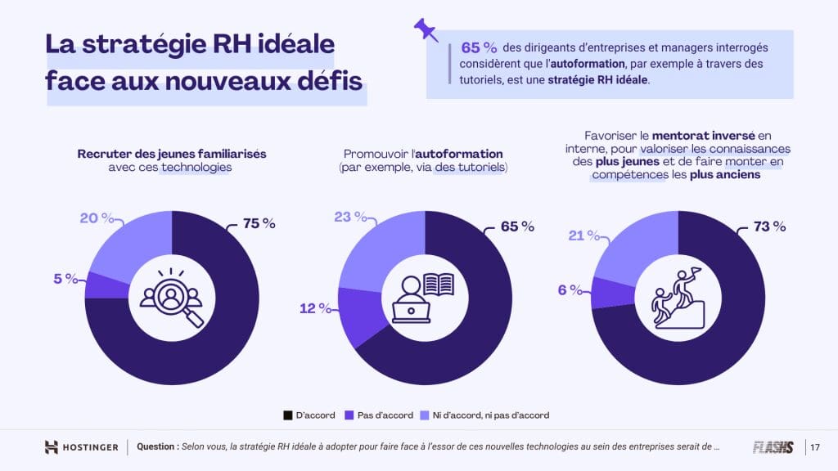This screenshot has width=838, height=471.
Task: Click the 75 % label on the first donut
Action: point(259,224)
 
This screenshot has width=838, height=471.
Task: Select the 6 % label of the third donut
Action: point(569,289)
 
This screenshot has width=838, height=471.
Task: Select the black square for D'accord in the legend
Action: point(287,415)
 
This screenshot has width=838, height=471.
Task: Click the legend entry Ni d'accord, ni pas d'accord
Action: point(484,415)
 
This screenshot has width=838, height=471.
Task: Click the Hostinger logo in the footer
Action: point(82,447)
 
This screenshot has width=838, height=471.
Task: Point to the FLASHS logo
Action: point(773,447)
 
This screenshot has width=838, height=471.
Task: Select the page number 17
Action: point(815,447)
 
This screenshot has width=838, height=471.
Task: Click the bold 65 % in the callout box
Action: point(480,47)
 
